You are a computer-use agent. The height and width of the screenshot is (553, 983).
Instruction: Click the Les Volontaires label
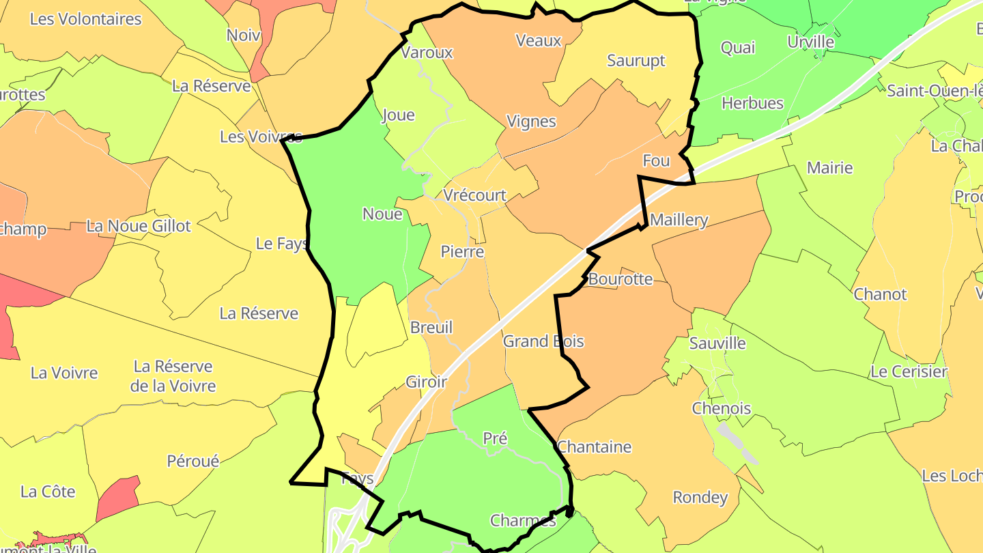(x=85, y=19)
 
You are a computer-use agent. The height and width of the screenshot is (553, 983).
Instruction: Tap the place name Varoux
(x=427, y=53)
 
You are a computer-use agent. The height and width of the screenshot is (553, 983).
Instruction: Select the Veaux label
(x=539, y=40)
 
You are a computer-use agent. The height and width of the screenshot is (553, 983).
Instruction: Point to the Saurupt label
(x=636, y=61)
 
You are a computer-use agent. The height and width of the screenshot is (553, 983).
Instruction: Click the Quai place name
(x=738, y=48)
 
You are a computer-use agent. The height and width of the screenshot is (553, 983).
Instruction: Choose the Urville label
(x=811, y=42)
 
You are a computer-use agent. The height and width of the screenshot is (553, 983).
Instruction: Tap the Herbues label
(x=752, y=103)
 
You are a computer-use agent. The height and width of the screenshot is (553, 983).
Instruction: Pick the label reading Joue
(x=399, y=115)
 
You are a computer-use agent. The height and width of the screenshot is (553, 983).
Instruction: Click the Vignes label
(x=531, y=122)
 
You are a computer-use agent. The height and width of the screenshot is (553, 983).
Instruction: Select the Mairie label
(x=829, y=168)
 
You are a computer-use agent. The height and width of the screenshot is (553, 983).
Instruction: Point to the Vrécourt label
(x=475, y=195)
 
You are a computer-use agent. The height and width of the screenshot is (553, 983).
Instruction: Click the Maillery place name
(x=679, y=220)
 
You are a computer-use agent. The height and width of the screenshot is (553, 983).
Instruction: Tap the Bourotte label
(x=621, y=279)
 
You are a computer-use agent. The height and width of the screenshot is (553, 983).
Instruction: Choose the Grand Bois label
(x=543, y=341)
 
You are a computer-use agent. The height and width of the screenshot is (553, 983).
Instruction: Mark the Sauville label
(x=717, y=343)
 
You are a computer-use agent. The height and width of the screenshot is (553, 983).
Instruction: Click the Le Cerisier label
(x=909, y=372)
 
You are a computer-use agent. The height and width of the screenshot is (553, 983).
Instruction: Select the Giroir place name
(x=427, y=382)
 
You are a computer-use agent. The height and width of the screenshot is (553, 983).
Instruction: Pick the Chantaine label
(x=595, y=447)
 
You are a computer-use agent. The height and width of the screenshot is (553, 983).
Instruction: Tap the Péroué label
(x=193, y=462)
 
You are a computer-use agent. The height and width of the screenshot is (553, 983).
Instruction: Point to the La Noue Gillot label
(x=139, y=226)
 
